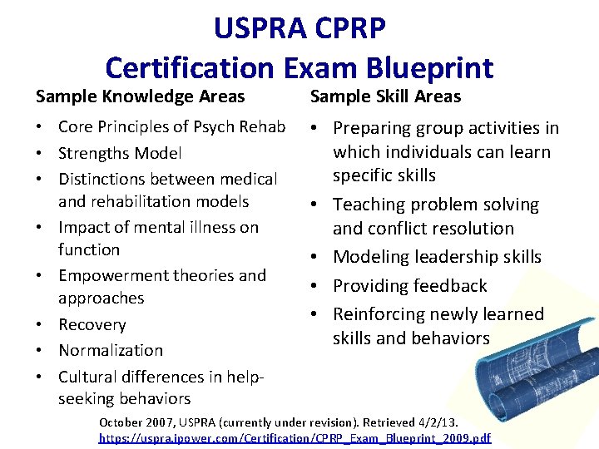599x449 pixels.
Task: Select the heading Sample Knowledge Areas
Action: pyautogui.click(x=140, y=96)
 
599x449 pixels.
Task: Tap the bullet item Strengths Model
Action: pyautogui.click(x=120, y=153)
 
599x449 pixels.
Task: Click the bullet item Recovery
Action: pyautogui.click(x=92, y=324)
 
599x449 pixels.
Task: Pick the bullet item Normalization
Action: pyautogui.click(x=111, y=350)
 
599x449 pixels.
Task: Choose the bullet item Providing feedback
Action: pyautogui.click(x=410, y=286)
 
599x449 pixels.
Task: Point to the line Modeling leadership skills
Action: pyautogui.click(x=437, y=257)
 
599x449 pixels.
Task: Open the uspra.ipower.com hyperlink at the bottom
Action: pyautogui.click(x=295, y=437)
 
